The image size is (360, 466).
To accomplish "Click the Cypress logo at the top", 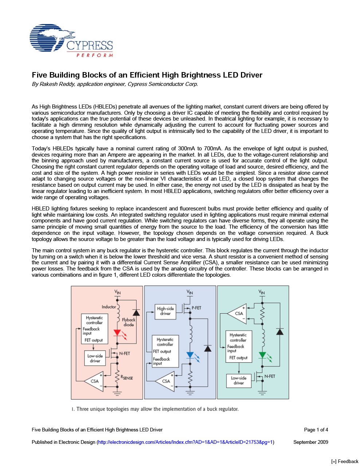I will point(71,40).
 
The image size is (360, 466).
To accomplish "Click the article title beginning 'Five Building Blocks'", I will point(147,75).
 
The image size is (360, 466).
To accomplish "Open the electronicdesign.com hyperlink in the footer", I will point(185,442).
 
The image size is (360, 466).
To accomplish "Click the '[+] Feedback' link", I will point(344,461).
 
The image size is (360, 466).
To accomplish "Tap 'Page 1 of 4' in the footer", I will point(316,430).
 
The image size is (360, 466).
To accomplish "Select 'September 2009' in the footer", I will point(310,442).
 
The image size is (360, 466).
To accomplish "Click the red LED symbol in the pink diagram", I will point(117,333).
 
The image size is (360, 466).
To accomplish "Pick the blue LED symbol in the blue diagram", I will point(190,355).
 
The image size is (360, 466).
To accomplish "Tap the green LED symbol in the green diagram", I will point(262,355).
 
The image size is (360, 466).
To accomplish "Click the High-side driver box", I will point(165,311).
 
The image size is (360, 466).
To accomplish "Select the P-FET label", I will point(196,308).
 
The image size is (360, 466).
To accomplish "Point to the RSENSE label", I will point(127,378).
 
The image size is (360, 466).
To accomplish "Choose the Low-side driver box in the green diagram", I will point(238,380).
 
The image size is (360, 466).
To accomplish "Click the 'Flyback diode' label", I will point(128,322).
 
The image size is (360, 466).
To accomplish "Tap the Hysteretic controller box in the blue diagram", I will point(165,351).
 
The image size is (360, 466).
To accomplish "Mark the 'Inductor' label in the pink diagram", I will point(108,307).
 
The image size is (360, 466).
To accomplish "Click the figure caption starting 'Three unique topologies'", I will point(155,409).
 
